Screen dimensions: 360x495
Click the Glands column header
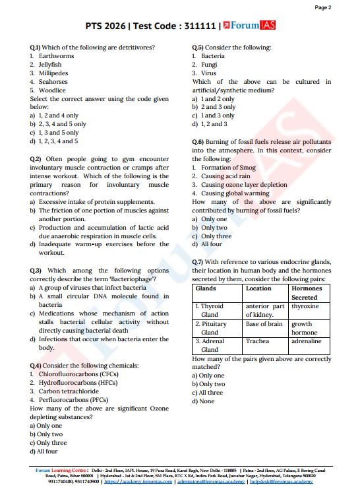pos(206,288)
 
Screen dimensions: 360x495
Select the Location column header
pos(258,288)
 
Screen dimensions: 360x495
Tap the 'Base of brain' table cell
pos(264,323)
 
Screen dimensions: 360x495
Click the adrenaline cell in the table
pos(307,341)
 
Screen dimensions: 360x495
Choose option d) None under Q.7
pos(204,401)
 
